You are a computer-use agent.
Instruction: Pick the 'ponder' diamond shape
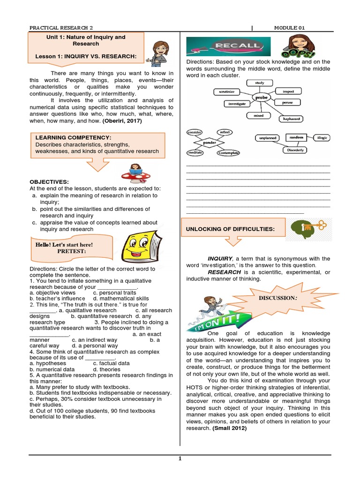[x=209, y=142]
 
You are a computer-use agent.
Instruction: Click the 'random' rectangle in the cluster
[x=297, y=137]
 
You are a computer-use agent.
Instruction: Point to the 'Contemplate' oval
[x=228, y=153]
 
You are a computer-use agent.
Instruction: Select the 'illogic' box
[x=322, y=138]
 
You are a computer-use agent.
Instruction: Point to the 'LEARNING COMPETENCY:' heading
[x=73, y=138]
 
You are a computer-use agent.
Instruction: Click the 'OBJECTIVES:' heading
[x=49, y=181]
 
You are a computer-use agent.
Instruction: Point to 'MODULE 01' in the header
[x=289, y=28]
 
